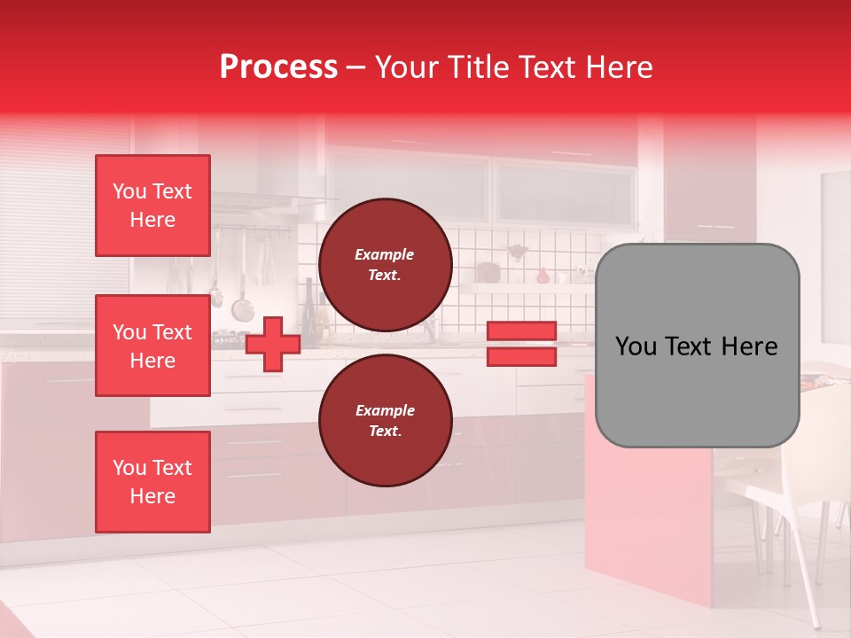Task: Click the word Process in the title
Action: pos(278,66)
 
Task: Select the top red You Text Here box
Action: pos(152,206)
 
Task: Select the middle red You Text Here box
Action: pos(152,346)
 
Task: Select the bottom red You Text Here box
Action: pos(152,482)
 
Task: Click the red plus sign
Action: pos(273,344)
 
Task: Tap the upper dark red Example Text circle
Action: pos(385,265)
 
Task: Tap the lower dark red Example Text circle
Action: pos(385,420)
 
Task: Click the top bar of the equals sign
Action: pos(521,331)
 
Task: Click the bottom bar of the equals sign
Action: pos(521,357)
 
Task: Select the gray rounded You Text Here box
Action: pos(697,346)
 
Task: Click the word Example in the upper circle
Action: pos(385,254)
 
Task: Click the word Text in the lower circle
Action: pos(385,432)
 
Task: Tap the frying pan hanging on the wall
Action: pos(242,307)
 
